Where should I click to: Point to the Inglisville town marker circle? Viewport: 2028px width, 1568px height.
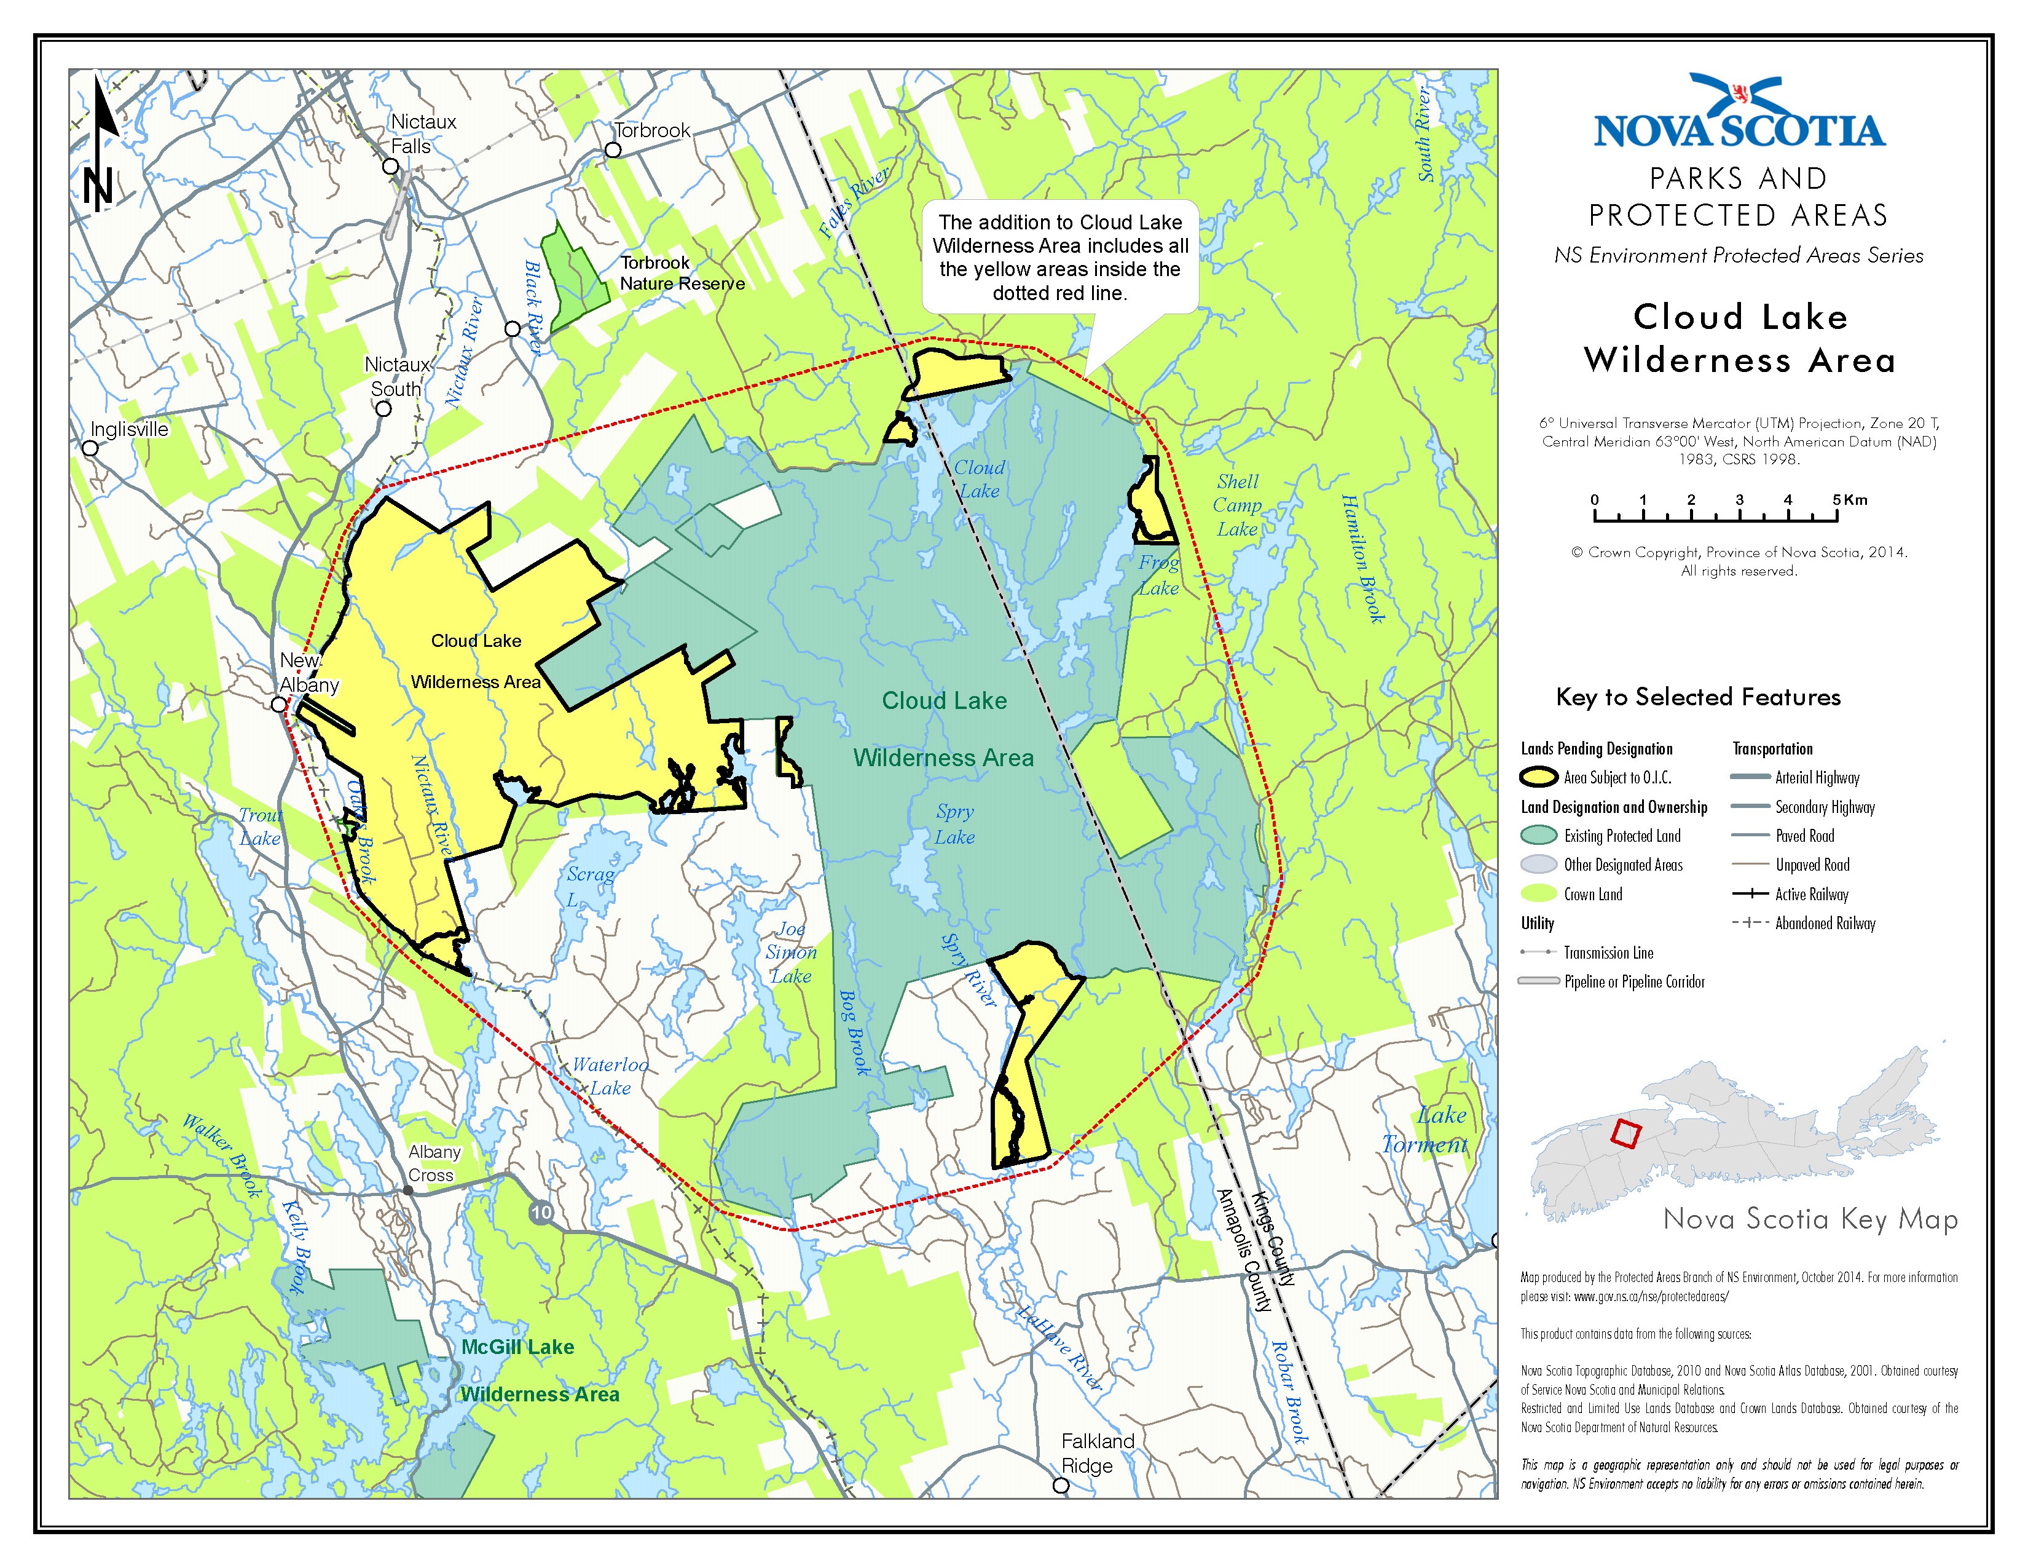pyautogui.click(x=90, y=448)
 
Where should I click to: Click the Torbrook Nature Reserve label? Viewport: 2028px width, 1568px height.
pyautogui.click(x=682, y=273)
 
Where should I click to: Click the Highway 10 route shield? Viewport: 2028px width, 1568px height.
pyautogui.click(x=541, y=1211)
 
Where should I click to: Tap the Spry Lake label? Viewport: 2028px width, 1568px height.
pyautogui.click(x=954, y=824)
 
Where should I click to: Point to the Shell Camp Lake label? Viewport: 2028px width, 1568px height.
pyautogui.click(x=1238, y=505)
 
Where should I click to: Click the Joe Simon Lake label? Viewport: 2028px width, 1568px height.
pyautogui.click(x=790, y=952)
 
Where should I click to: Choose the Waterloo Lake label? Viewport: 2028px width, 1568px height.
pyautogui.click(x=610, y=1075)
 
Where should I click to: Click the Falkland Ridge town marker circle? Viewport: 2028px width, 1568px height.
pyautogui.click(x=1061, y=1486)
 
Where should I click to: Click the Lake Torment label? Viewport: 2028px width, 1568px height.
pyautogui.click(x=1425, y=1130)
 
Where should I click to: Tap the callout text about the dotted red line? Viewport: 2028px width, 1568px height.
pyautogui.click(x=1059, y=257)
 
